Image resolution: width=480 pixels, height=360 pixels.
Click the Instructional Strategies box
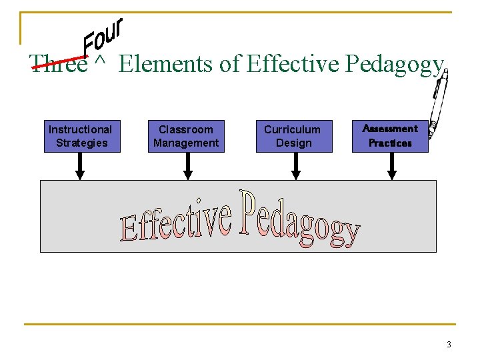click(81, 136)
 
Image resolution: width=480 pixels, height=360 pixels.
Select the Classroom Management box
click(186, 136)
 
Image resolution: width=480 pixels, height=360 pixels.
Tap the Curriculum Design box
click(293, 136)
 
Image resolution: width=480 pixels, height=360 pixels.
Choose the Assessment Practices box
click(390, 136)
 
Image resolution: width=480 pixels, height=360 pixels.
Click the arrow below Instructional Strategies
click(80, 166)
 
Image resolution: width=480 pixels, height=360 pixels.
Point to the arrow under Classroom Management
click(188, 166)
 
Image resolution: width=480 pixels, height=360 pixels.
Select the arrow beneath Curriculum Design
click(296, 166)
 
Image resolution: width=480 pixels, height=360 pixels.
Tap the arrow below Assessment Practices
click(392, 166)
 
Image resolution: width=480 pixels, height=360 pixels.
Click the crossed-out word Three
click(59, 64)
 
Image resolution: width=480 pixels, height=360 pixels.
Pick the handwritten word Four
click(104, 37)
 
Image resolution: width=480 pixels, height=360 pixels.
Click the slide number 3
click(449, 345)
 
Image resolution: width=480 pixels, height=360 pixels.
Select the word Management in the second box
click(186, 143)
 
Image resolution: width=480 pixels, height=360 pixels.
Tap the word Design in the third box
click(293, 143)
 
